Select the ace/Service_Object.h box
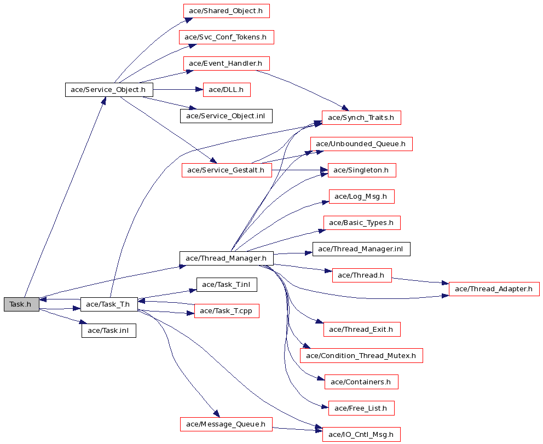[109, 90]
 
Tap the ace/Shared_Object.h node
[226, 11]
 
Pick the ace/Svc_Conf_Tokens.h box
[227, 37]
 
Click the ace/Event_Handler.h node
[226, 64]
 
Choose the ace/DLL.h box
[227, 90]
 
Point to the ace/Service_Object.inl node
[226, 116]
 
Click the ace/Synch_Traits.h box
[361, 118]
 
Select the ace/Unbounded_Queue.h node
[361, 144]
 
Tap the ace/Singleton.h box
[361, 170]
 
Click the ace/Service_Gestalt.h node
[227, 170]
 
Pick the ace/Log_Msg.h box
[361, 197]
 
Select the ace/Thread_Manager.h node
[227, 258]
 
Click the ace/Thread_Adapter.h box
[494, 289]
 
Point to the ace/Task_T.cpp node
[227, 310]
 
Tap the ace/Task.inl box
[109, 331]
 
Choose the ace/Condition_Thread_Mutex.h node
[361, 356]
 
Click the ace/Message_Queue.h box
[226, 424]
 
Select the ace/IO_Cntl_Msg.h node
[361, 434]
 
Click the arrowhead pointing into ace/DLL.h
[199, 90]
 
